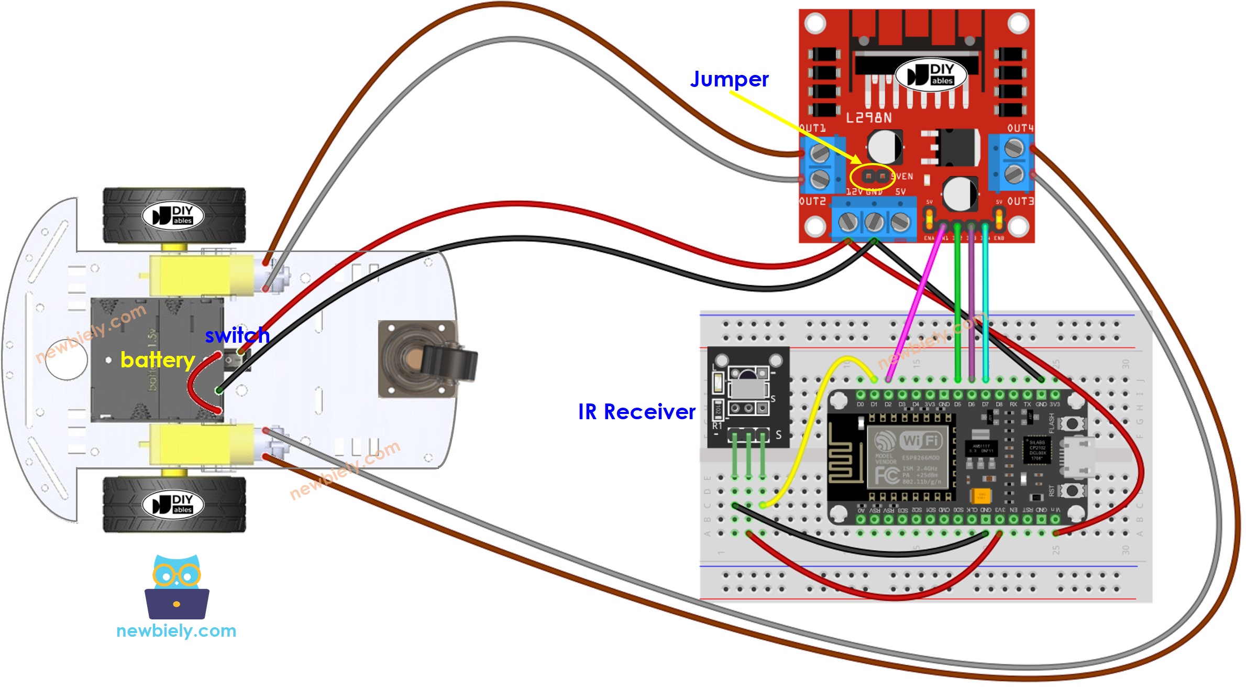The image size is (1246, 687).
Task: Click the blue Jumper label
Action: point(729,80)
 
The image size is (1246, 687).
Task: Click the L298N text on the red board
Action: point(869,118)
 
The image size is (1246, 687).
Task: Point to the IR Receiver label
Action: point(636,412)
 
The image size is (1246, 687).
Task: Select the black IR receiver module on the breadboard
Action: point(748,396)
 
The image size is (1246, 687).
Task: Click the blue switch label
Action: point(237,335)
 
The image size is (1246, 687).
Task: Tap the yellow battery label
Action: point(158,360)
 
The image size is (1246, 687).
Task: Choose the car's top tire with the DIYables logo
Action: point(174,215)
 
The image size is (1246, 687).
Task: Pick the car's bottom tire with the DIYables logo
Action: point(174,504)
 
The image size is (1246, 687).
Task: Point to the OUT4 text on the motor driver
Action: point(1020,128)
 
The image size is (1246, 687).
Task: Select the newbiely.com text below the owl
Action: point(177,631)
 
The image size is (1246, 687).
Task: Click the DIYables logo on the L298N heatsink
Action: point(931,74)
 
